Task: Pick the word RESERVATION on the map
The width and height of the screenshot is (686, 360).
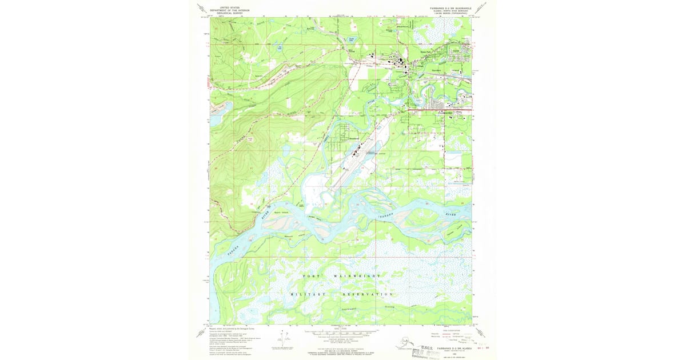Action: pos(368,294)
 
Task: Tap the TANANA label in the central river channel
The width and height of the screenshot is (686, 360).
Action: pos(390,218)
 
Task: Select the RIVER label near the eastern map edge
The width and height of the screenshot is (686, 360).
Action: pos(452,213)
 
